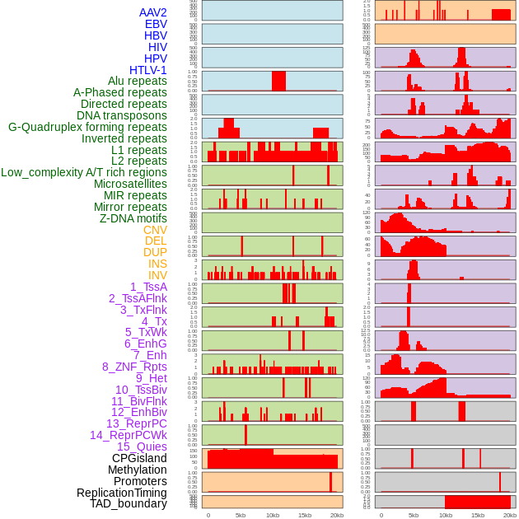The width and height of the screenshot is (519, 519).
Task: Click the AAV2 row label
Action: [152, 12]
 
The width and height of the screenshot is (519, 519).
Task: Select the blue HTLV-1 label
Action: [147, 70]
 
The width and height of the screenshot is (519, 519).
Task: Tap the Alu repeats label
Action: [138, 82]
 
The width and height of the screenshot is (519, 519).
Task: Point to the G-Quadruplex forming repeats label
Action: [87, 127]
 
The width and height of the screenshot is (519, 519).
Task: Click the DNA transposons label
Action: [122, 115]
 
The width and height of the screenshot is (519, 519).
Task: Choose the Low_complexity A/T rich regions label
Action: [84, 172]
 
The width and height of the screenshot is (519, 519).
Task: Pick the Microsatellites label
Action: [130, 184]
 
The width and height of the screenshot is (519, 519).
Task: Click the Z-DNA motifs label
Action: [133, 218]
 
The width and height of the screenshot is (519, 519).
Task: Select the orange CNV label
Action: [155, 230]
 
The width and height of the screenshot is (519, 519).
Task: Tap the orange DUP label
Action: [155, 252]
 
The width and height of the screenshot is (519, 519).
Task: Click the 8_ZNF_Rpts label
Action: [134, 367]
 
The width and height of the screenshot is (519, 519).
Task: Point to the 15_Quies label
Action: [142, 447]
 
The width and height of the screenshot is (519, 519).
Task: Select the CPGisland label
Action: [139, 458]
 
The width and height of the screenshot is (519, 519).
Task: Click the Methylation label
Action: [137, 470]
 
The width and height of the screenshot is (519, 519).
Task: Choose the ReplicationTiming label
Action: [122, 493]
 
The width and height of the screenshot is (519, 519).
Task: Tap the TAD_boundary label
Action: [129, 503]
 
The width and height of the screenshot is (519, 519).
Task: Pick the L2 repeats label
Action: [138, 161]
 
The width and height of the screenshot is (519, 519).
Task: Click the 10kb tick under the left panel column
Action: [273, 515]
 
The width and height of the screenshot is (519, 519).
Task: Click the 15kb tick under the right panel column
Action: [478, 515]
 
